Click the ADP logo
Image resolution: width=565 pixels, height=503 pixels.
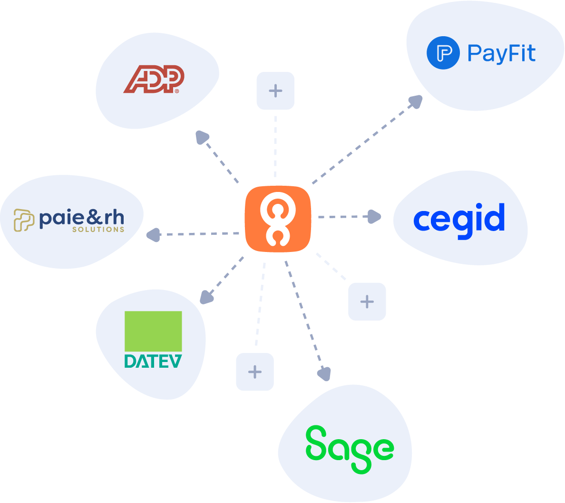click(153, 80)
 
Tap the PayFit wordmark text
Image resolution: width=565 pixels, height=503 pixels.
click(501, 54)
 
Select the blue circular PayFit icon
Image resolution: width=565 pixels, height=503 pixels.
click(443, 53)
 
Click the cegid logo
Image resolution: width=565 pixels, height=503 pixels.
click(459, 220)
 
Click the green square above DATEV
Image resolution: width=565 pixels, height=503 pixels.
click(153, 332)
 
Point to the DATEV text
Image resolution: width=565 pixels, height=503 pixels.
click(153, 361)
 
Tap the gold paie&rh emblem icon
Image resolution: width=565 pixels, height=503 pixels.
click(24, 220)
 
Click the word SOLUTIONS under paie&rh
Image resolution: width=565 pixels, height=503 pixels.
click(98, 230)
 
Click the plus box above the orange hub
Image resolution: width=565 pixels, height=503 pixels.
click(275, 91)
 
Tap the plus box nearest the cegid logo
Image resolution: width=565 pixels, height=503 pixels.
click(367, 302)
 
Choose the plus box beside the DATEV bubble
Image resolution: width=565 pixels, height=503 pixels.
click(255, 372)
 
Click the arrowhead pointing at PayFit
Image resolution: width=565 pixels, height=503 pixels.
click(416, 101)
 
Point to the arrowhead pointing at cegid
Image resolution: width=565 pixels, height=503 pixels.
click(375, 217)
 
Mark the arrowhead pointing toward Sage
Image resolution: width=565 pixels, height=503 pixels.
click(324, 374)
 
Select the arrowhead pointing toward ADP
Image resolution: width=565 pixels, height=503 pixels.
click(203, 137)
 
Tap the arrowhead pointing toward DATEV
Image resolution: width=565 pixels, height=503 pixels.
click(206, 297)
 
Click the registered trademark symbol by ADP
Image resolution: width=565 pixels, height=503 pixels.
click(177, 91)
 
